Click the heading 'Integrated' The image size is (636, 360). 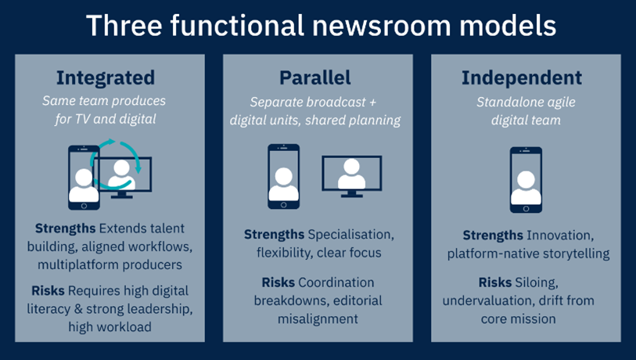pos(105,78)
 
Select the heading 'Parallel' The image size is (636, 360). pos(314,78)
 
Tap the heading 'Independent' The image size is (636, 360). pos(521,78)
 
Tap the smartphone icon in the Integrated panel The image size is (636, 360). pos(84,177)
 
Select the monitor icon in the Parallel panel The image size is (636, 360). pos(352,175)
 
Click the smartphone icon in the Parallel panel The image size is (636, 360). pos(283,176)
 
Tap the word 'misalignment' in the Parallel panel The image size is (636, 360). pos(317,319)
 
